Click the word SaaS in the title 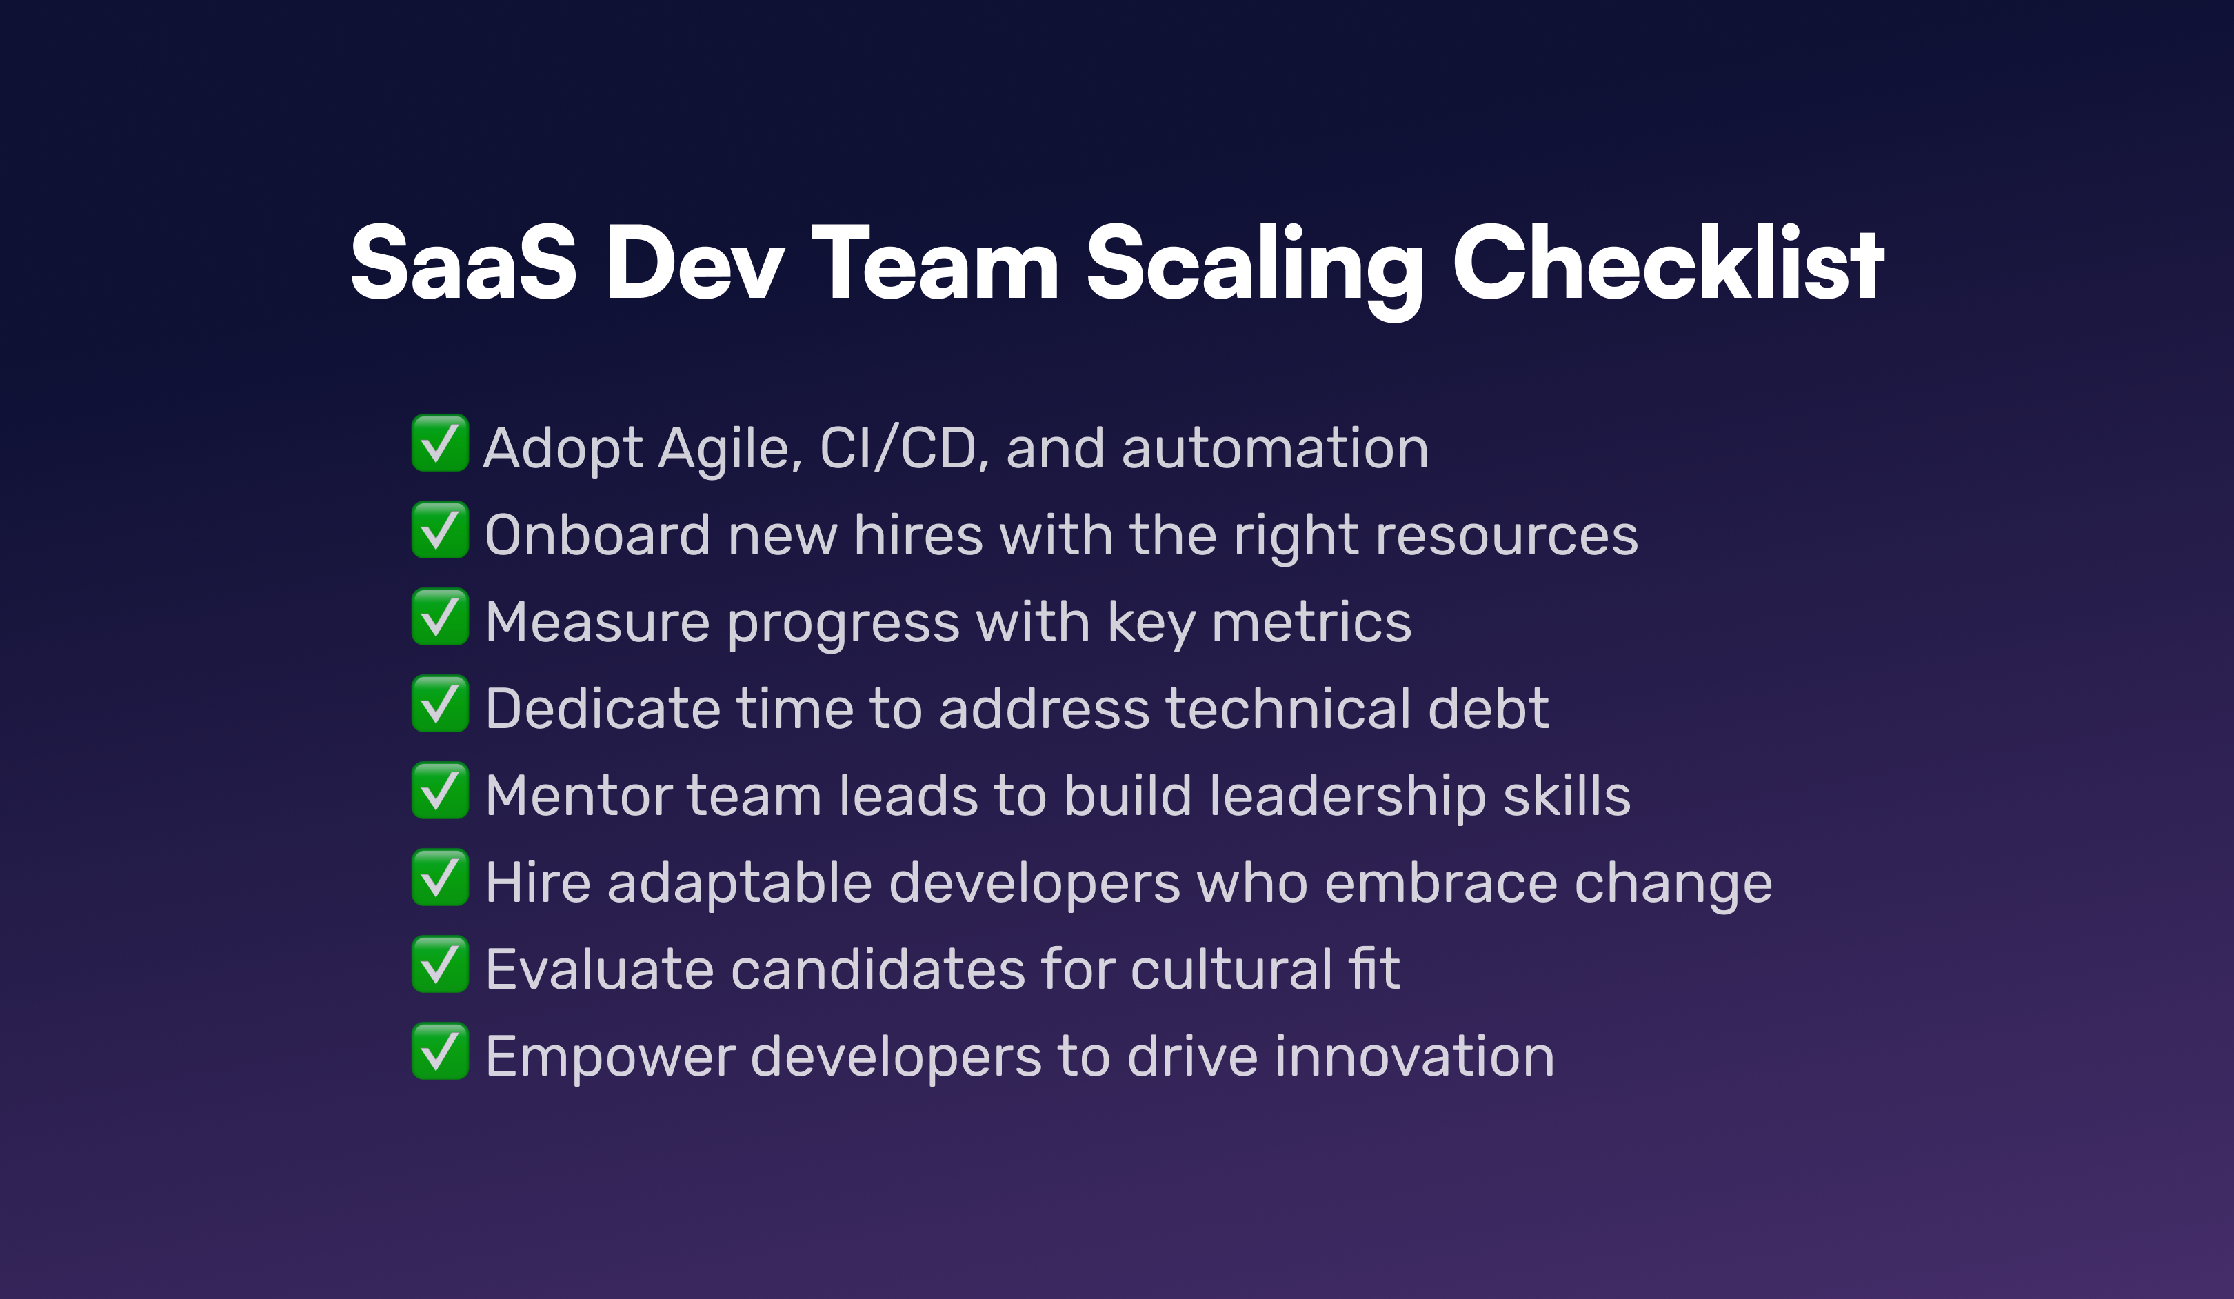coord(463,263)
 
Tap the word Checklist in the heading coord(1667,263)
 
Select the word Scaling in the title coord(1254,270)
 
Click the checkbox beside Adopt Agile coord(440,443)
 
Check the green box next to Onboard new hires coord(440,530)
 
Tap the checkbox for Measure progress coord(440,616)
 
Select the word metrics coord(1311,623)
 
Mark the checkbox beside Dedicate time coord(440,703)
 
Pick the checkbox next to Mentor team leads coord(440,790)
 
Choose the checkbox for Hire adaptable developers coord(440,877)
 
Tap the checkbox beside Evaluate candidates coord(440,964)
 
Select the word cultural coord(1231,969)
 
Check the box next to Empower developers coord(440,1051)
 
